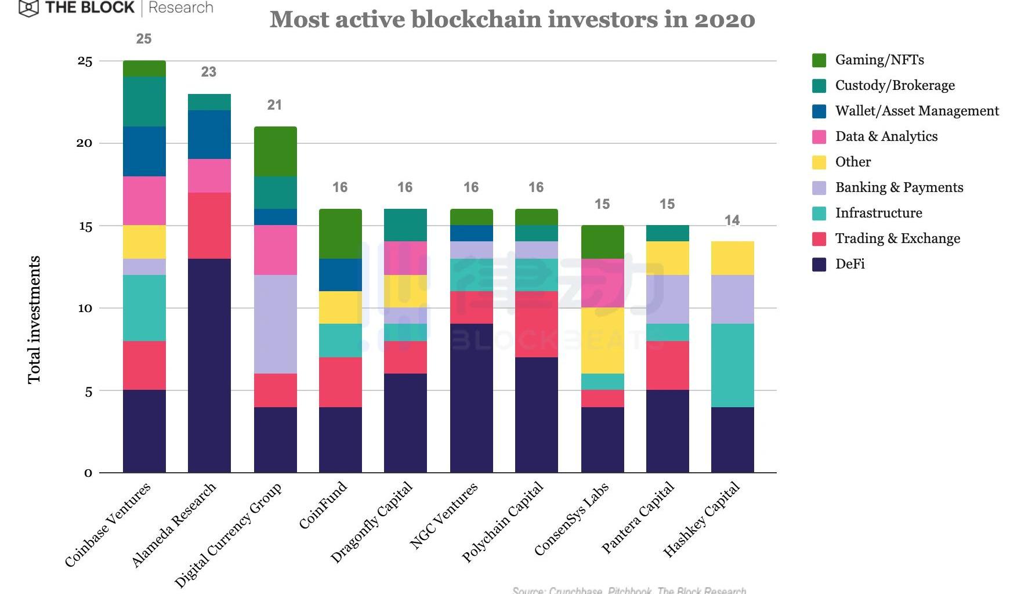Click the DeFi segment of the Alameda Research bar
point(209,365)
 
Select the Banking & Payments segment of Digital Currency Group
point(276,324)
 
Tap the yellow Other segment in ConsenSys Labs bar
point(603,341)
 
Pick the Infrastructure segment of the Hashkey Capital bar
point(733,365)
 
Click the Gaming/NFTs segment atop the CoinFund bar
point(341,234)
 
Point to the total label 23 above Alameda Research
point(209,72)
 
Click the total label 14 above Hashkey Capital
point(732,220)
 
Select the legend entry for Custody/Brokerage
point(895,85)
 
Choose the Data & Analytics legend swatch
point(819,137)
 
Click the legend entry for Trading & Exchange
point(897,238)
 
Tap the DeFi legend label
point(850,264)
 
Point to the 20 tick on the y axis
point(85,143)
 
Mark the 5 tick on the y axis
point(88,392)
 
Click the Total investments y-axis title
point(34,319)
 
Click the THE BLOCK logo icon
point(28,8)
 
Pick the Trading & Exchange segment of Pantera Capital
point(668,365)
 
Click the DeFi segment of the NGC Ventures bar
point(472,399)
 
